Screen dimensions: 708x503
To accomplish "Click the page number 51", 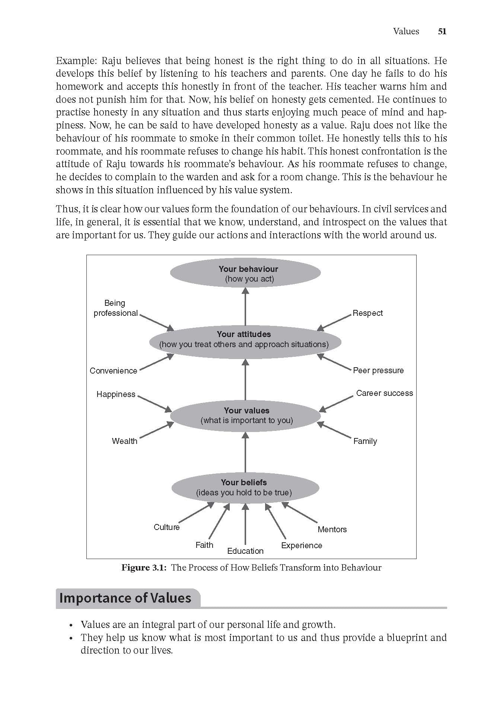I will [x=442, y=32].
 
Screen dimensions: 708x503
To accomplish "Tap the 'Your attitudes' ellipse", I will [x=244, y=339].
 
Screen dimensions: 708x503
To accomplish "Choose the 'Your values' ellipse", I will [x=246, y=415].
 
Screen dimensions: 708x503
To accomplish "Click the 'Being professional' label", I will [x=115, y=308].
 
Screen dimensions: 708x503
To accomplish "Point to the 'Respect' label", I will [x=367, y=313].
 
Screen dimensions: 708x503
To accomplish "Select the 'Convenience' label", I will [x=113, y=371].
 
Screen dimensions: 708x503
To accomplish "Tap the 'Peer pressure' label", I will [x=378, y=371].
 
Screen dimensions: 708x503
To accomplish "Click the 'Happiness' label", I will [x=116, y=394].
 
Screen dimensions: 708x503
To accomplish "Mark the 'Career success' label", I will [x=384, y=393].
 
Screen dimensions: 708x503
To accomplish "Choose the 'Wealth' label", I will [x=124, y=441].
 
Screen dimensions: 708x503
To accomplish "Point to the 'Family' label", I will [x=365, y=441].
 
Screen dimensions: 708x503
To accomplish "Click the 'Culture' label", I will [x=166, y=527].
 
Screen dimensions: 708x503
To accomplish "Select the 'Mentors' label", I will [x=332, y=530].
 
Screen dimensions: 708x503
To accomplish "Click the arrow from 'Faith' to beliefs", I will [x=219, y=521].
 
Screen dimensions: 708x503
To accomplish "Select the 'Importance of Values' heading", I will [x=125, y=598].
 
